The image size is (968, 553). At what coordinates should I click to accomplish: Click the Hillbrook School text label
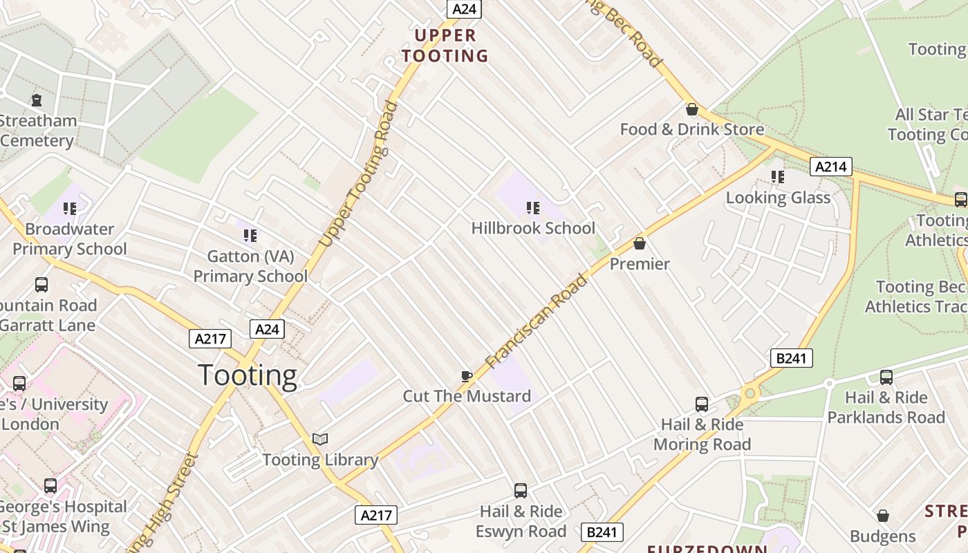[x=533, y=228]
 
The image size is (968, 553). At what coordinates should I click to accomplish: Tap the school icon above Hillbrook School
[x=532, y=207]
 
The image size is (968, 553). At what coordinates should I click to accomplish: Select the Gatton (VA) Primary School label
[x=250, y=266]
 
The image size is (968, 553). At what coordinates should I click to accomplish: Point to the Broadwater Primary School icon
[x=69, y=208]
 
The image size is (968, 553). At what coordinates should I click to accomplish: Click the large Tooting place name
[x=248, y=375]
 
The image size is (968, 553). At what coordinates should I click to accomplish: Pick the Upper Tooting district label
[x=445, y=46]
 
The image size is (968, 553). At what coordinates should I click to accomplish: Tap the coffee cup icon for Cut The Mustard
[x=467, y=376]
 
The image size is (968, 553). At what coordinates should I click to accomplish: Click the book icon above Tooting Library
[x=320, y=439]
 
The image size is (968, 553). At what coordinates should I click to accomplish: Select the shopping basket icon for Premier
[x=640, y=243]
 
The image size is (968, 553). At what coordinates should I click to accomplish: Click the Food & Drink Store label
[x=692, y=129]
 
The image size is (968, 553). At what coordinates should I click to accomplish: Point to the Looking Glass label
[x=778, y=198]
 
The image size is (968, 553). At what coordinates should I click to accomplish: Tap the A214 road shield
[x=830, y=167]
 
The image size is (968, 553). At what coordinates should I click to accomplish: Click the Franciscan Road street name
[x=537, y=321]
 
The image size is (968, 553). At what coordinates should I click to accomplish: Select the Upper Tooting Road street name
[x=358, y=174]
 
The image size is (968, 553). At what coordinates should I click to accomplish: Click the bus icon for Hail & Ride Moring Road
[x=702, y=404]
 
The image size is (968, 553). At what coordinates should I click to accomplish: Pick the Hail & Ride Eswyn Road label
[x=521, y=521]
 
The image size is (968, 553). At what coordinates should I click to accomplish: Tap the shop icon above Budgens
[x=882, y=516]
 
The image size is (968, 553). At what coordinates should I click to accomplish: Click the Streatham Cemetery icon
[x=37, y=100]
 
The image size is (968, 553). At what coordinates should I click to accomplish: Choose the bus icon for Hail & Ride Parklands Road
[x=886, y=377]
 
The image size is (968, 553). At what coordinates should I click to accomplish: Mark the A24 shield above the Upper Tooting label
[x=464, y=9]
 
